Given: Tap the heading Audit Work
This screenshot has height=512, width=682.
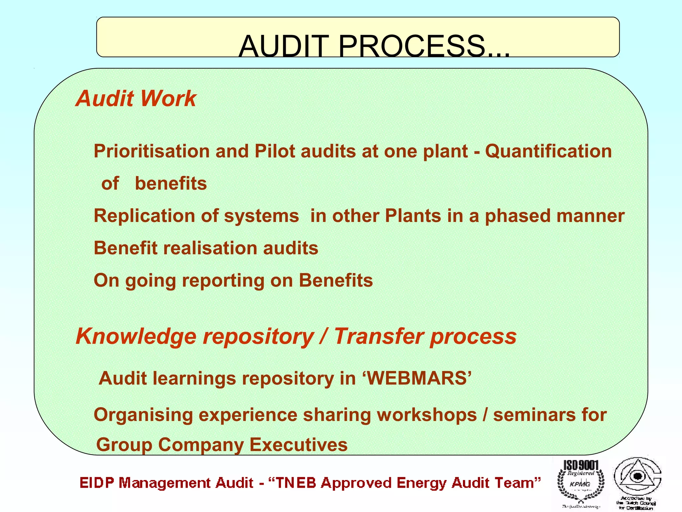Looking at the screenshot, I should pos(136,99).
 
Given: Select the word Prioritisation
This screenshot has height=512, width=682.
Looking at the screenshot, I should pos(151,151).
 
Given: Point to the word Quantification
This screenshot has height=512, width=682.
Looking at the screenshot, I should pos(548,151).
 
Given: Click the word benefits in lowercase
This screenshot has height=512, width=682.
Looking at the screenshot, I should pos(171,184).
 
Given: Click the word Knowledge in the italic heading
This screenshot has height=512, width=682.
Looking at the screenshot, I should pos(136,336).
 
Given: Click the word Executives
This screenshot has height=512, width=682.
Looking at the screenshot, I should pos(298,445).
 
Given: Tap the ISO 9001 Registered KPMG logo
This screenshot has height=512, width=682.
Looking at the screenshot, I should pos(581,483).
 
